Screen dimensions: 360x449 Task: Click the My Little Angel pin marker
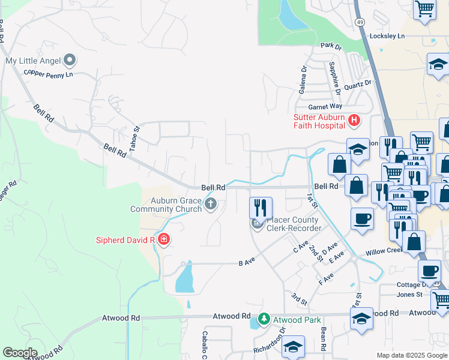pos(70,60)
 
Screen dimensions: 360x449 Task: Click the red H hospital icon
pos(354,121)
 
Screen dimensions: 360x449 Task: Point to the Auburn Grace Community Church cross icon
pos(210,204)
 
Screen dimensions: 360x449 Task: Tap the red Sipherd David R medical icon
pos(163,240)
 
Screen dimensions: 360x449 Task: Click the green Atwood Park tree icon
pos(264,320)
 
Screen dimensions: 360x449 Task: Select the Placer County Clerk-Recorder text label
pos(294,224)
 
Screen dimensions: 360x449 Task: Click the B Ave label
pos(244,263)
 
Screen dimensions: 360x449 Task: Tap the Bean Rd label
pos(324,339)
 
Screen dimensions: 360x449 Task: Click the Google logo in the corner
pos(20,353)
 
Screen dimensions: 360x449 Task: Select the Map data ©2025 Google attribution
pos(412,355)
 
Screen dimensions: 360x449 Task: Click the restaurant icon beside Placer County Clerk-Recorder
pos(260,208)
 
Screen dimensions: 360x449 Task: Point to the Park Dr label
pos(330,46)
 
